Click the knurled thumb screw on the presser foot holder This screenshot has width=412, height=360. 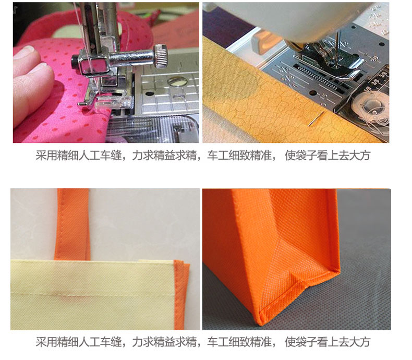coord(161,56)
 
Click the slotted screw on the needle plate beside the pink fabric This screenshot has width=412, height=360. coord(176,81)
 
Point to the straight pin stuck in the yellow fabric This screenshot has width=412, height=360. coord(317,118)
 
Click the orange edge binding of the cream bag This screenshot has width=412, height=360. coord(181,294)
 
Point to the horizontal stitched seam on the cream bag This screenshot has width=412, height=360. coord(92,296)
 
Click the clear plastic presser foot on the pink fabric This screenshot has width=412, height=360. coord(113,102)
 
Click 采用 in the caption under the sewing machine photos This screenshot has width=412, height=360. coord(46,155)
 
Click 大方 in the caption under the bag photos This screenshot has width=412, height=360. coord(360,342)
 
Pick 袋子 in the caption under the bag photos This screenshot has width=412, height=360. coord(306,342)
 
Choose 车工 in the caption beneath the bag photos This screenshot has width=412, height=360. coord(218,342)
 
